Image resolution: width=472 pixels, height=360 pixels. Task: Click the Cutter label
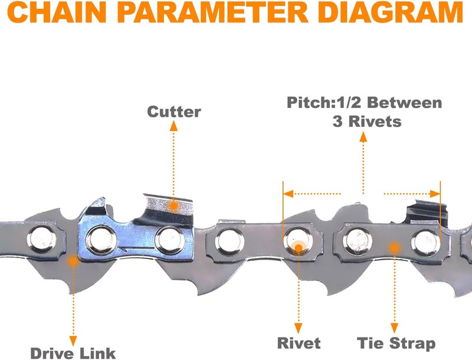pos(174,112)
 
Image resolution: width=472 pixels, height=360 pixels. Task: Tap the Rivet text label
pos(299,343)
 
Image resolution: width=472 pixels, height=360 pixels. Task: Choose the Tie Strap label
pos(396,343)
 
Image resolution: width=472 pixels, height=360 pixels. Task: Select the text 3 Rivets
pos(364,122)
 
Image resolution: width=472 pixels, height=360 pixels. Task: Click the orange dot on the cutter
pos(173,205)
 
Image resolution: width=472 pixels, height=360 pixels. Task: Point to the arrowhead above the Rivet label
pos(299,328)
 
